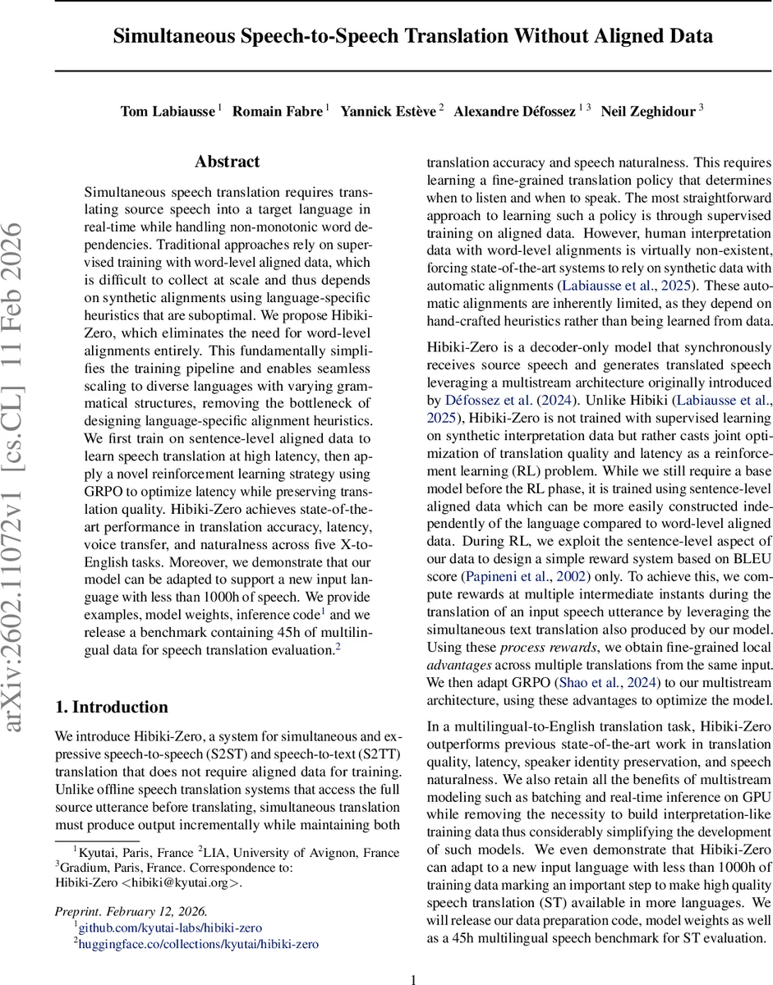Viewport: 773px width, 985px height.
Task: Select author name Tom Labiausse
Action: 168,112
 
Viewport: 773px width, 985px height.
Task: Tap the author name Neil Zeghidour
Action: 649,112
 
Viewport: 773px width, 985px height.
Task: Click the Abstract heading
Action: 228,162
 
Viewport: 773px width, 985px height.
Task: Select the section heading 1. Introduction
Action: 111,708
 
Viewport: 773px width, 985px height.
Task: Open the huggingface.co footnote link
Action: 197,944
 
